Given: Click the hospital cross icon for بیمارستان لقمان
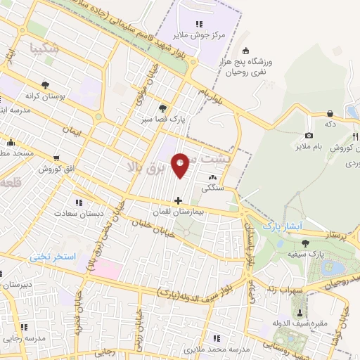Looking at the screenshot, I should [177, 200].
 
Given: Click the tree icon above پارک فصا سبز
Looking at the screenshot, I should [162, 108].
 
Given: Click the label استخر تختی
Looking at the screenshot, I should [52, 257].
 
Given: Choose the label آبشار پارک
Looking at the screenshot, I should [282, 227].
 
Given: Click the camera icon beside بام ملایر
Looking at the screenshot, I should [309, 135].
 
